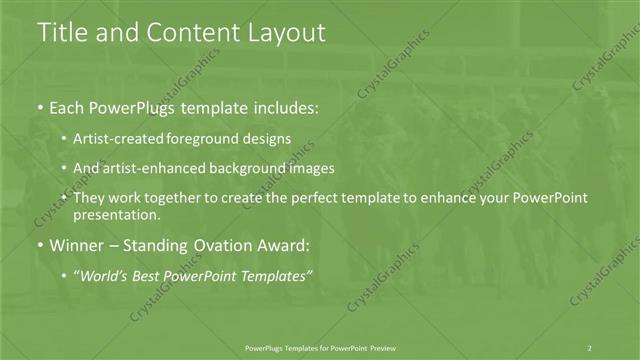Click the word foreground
(206, 138)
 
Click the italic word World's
(107, 275)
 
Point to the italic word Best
(151, 275)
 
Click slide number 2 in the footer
(591, 347)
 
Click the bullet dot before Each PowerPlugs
(39, 107)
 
